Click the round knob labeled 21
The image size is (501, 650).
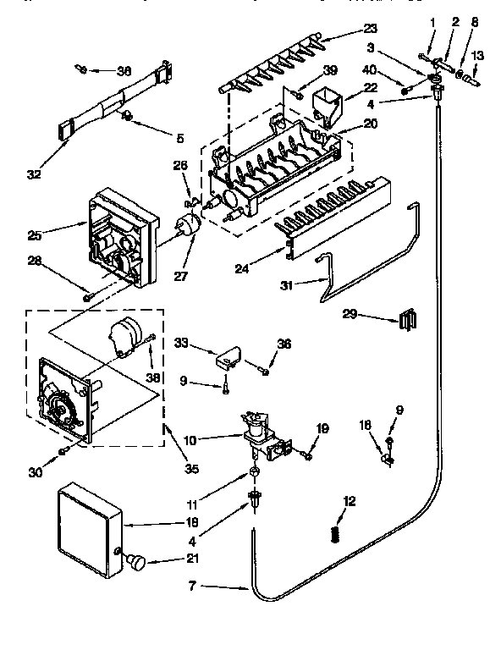pos(135,562)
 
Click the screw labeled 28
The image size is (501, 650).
pos(87,295)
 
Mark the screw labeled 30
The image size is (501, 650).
pos(63,450)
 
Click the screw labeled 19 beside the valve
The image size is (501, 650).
pos(306,456)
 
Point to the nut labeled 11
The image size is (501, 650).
pos(254,472)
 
